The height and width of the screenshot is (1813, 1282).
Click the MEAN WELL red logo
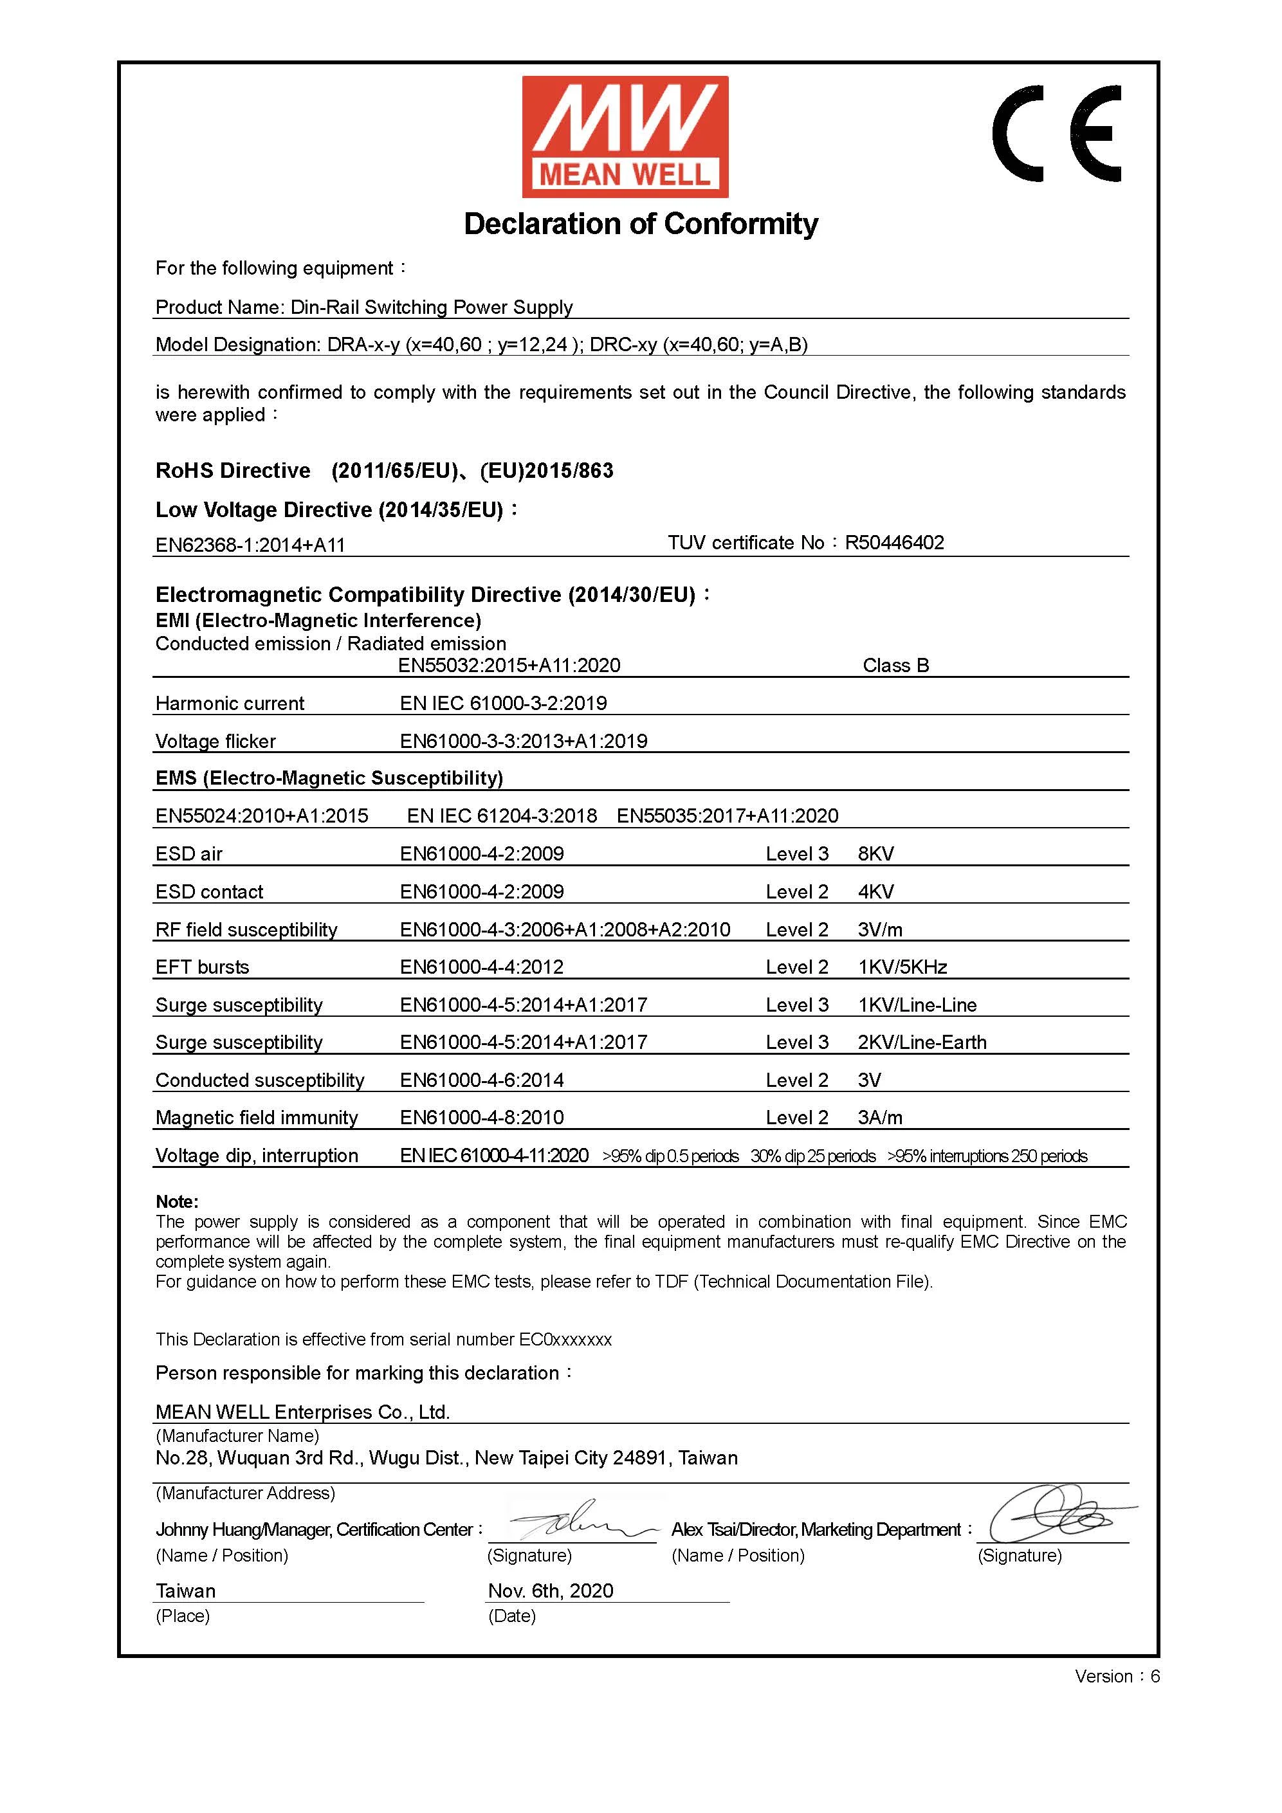pyautogui.click(x=625, y=136)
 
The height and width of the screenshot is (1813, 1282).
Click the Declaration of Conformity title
pyautogui.click(x=641, y=224)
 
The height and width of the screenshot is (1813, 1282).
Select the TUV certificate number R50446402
pyautogui.click(x=894, y=542)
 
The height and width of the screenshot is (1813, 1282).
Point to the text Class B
pyautogui.click(x=896, y=666)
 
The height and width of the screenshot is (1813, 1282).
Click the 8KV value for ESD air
pyautogui.click(x=876, y=853)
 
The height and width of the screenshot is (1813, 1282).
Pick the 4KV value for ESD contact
pyautogui.click(x=876, y=891)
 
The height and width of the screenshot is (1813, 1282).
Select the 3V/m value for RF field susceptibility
pyautogui.click(x=880, y=929)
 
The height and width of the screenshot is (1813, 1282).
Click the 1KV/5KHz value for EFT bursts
pyautogui.click(x=902, y=967)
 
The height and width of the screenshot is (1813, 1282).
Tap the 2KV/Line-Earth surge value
pyautogui.click(x=922, y=1043)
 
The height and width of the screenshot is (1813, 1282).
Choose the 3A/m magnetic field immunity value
pyautogui.click(x=880, y=1117)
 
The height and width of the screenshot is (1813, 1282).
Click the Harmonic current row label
pyautogui.click(x=230, y=704)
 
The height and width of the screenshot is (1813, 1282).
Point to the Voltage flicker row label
pyautogui.click(x=215, y=742)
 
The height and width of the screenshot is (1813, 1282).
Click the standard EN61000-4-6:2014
pyautogui.click(x=482, y=1080)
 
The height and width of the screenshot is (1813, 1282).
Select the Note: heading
pyautogui.click(x=177, y=1202)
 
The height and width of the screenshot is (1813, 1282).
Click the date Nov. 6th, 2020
pyautogui.click(x=551, y=1590)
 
